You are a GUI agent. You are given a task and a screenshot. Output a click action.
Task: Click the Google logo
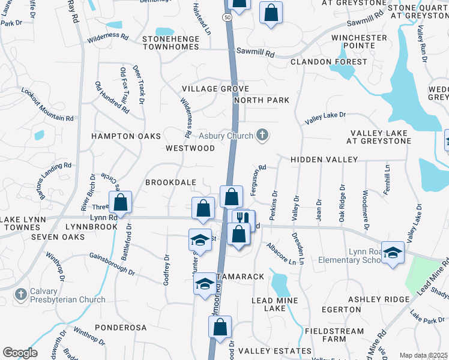(x=20, y=353)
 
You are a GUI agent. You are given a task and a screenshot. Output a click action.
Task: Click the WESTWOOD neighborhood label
(x=190, y=148)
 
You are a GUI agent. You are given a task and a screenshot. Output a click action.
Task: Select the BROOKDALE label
(x=170, y=181)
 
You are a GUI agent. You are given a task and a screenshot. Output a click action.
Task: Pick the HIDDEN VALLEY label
(x=324, y=160)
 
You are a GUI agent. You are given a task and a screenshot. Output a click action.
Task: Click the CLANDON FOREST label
(x=328, y=62)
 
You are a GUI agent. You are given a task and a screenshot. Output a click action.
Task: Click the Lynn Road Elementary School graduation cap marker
(x=393, y=253)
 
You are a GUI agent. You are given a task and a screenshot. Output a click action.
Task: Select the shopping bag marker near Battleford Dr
(x=121, y=202)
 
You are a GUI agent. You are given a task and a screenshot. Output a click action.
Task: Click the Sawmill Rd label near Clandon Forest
(x=255, y=53)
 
